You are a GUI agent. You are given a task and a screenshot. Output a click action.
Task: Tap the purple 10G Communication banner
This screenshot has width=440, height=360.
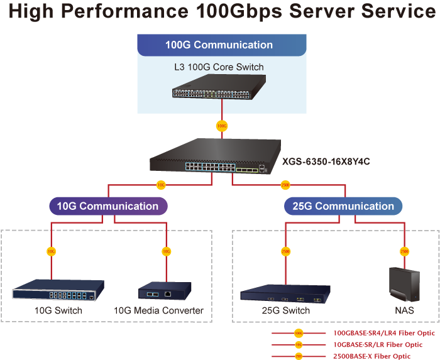[108, 206]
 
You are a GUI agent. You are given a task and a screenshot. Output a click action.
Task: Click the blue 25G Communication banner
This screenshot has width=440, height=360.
[343, 206]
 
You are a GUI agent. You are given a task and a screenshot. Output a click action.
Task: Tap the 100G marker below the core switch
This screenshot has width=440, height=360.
[221, 126]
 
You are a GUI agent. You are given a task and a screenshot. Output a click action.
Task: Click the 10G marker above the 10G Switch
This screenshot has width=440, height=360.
[51, 251]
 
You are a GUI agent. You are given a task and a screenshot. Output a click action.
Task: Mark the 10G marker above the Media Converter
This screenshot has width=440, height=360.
[166, 251]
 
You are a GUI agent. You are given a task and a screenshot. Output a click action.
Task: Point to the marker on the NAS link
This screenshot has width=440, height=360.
[404, 251]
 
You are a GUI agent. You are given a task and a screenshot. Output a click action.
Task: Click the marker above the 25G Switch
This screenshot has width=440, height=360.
[285, 251]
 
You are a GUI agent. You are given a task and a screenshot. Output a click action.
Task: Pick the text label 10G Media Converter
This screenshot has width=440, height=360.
[158, 310]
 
